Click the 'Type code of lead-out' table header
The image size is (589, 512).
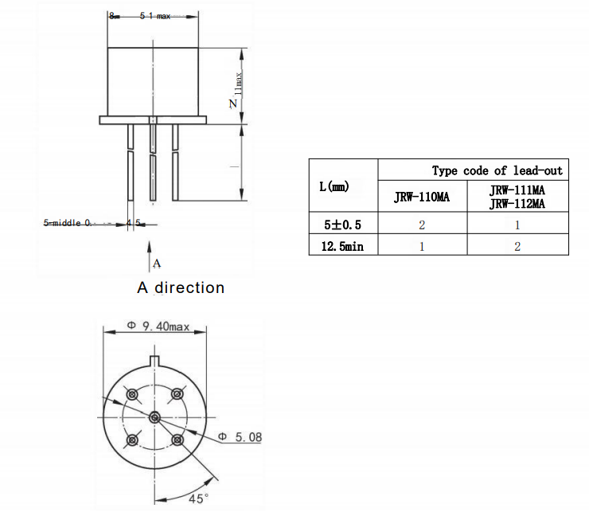(x=497, y=170)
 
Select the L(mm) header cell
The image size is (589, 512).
(x=334, y=186)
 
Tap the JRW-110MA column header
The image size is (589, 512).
(x=422, y=197)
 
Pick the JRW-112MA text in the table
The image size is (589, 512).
(x=517, y=204)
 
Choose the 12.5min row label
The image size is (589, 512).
(x=342, y=246)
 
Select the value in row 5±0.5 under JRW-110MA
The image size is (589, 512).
(x=422, y=225)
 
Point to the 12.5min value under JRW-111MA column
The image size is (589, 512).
(x=517, y=246)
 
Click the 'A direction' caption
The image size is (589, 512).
(x=181, y=287)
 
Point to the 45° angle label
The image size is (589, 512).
(x=198, y=498)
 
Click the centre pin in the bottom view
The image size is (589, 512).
(x=154, y=416)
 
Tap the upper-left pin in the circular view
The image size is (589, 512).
(x=132, y=393)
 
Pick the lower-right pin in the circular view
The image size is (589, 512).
(x=177, y=439)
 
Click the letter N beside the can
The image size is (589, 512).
(x=233, y=104)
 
